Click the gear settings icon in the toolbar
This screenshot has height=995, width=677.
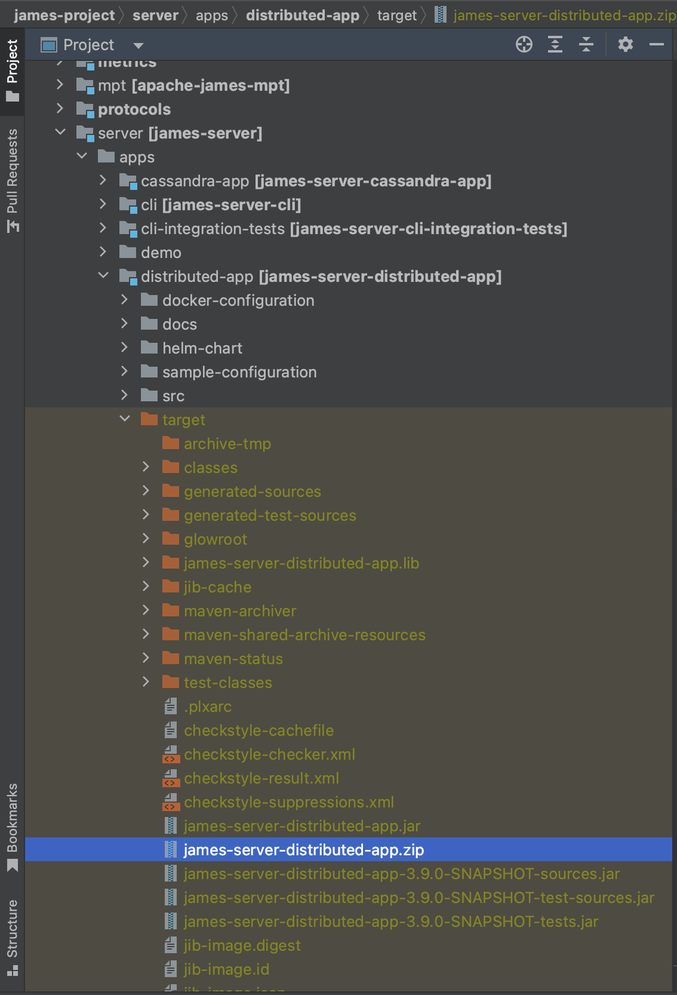pyautogui.click(x=625, y=44)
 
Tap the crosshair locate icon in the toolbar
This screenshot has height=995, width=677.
pyautogui.click(x=524, y=44)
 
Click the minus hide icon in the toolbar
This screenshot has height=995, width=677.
pyautogui.click(x=656, y=44)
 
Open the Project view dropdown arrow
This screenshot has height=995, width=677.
pyautogui.click(x=139, y=45)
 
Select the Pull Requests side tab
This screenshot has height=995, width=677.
pyautogui.click(x=13, y=179)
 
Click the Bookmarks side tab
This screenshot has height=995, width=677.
pyautogui.click(x=13, y=827)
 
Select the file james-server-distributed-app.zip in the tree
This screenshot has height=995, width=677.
pyautogui.click(x=303, y=850)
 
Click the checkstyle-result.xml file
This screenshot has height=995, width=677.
pyautogui.click(x=261, y=778)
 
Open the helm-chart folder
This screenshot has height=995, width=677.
pyautogui.click(x=202, y=348)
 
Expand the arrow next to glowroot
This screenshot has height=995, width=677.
pyautogui.click(x=146, y=539)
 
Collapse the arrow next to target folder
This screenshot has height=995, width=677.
pyautogui.click(x=125, y=419)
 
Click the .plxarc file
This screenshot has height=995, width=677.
pyautogui.click(x=207, y=707)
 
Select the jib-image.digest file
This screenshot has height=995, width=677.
pyautogui.click(x=242, y=945)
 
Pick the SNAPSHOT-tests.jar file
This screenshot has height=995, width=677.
pyautogui.click(x=390, y=922)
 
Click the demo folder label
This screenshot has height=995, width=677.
pyautogui.click(x=161, y=253)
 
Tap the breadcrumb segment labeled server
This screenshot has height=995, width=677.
pyautogui.click(x=155, y=16)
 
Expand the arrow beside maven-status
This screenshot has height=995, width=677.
pyautogui.click(x=146, y=658)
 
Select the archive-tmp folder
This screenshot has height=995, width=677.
pyautogui.click(x=227, y=444)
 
